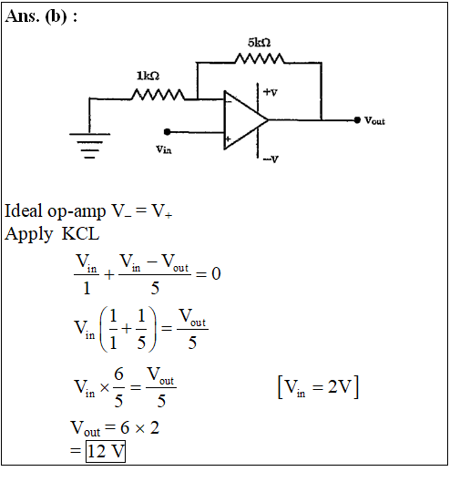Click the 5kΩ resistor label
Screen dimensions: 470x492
coord(260,42)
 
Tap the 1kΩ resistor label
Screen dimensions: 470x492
coord(148,76)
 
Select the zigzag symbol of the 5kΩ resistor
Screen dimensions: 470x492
coord(260,58)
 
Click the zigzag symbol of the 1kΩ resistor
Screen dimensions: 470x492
coord(158,95)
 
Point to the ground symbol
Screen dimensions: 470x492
coord(90,146)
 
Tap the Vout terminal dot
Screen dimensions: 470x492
coord(357,120)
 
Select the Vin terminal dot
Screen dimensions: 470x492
coord(168,132)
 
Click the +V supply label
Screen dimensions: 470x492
coord(271,92)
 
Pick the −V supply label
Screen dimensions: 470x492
coord(271,159)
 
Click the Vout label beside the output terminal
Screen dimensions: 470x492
coord(374,120)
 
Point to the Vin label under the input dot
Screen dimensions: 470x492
coord(164,149)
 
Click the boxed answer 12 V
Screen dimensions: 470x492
coord(106,451)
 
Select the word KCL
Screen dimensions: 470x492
coord(81,234)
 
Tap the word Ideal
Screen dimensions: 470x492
coord(23,210)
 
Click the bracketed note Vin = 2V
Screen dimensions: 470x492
coord(318,387)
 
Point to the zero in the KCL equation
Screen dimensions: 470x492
coord(216,273)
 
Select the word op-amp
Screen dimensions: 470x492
coord(77,212)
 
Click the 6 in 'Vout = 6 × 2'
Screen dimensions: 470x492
coord(125,427)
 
